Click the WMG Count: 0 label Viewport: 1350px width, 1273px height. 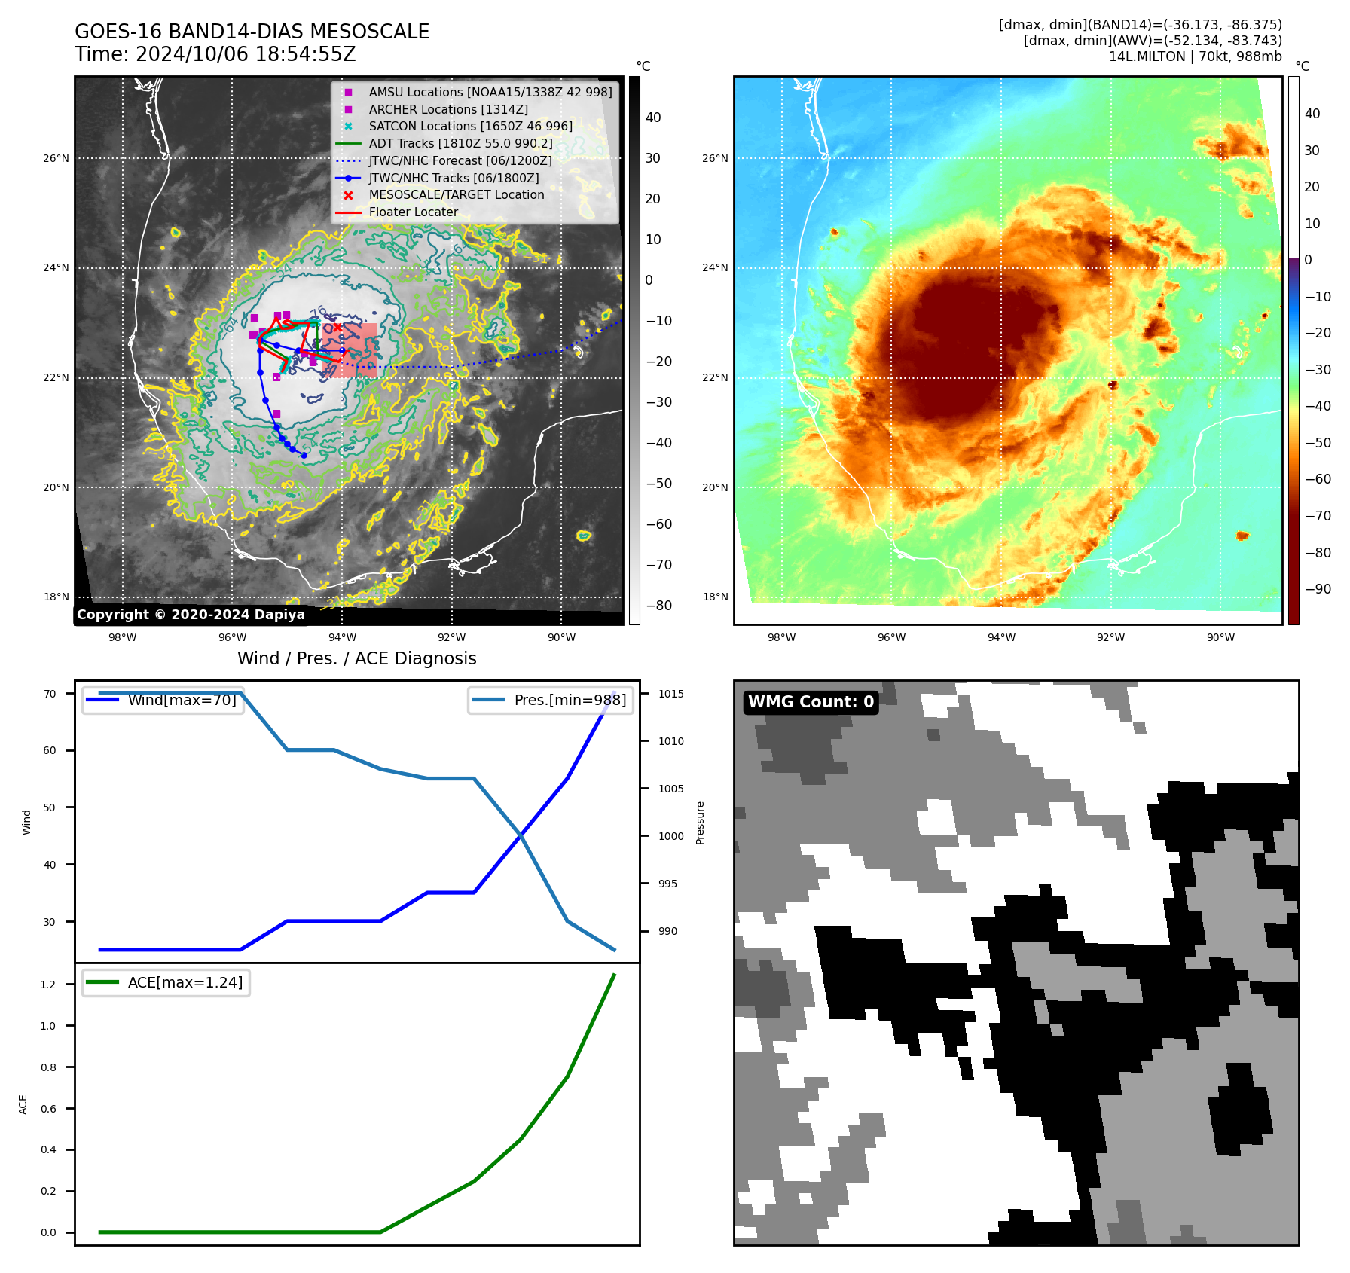811,702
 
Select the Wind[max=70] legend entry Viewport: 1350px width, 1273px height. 182,700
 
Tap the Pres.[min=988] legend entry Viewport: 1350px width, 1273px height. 570,700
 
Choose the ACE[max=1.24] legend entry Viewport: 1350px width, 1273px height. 185,982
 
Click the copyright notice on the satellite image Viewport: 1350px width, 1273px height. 191,615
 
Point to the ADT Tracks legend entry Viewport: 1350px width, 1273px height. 460,143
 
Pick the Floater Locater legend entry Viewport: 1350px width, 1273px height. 413,212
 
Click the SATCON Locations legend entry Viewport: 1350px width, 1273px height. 470,126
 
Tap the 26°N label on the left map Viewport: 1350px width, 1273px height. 56,158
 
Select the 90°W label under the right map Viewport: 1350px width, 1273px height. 1220,637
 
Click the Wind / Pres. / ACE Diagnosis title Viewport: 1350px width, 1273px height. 356,658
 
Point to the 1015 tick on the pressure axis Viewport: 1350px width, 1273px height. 670,694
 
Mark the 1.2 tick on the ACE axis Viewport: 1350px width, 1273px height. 48,985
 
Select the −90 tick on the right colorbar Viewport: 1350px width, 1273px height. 1318,589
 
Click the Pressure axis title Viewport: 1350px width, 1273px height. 700,823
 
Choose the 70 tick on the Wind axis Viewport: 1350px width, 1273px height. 50,694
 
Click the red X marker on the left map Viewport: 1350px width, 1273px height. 337,328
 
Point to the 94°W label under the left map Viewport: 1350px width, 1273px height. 342,637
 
